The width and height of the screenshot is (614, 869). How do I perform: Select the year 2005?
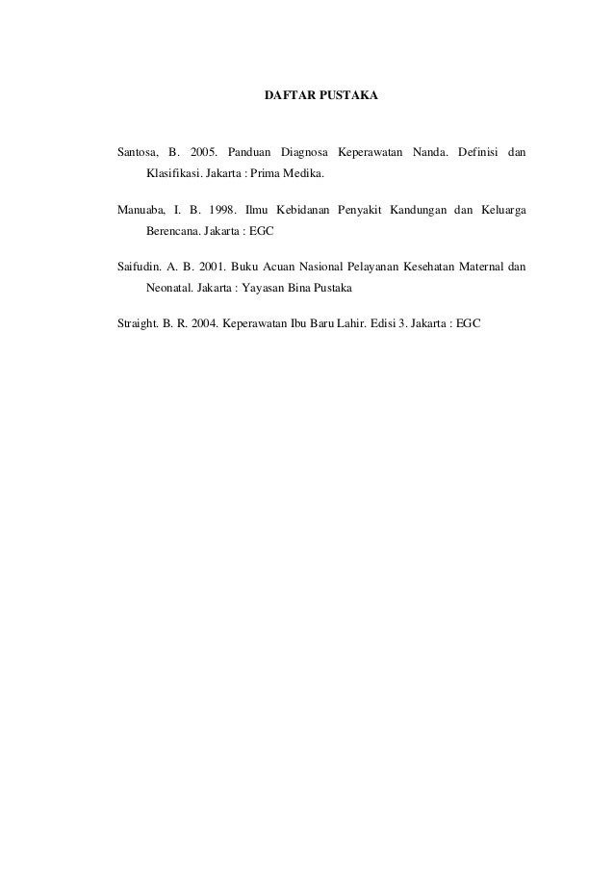tap(203, 153)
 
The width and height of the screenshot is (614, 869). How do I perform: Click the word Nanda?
tap(430, 153)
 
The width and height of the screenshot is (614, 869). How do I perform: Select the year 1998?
tap(218, 209)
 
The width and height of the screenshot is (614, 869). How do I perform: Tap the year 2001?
tap(211, 265)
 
